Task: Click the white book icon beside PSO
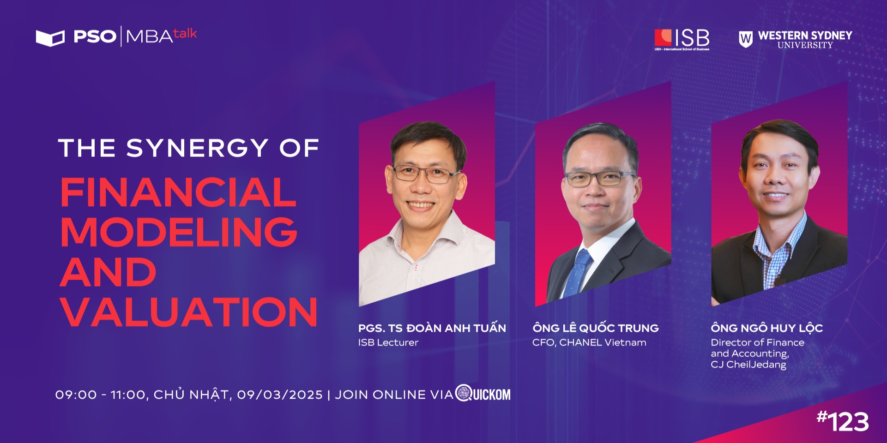coord(50,38)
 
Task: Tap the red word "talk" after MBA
coord(185,34)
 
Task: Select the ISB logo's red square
coord(663,37)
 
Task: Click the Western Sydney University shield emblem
coord(745,39)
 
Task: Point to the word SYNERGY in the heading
coord(197,148)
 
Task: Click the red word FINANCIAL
coord(178,192)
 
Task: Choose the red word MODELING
coord(179,232)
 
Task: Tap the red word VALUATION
coord(189,311)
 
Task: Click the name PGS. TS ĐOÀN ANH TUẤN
coord(432,328)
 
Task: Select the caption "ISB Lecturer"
coord(388,342)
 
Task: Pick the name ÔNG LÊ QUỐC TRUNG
coord(596,328)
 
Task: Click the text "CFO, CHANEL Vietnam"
coord(589,342)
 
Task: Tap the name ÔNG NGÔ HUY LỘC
coord(767,328)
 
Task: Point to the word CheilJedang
coord(756,365)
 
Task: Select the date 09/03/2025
coord(280,395)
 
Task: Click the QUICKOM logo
coord(483,394)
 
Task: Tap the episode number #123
coord(843,421)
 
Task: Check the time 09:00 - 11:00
coord(100,395)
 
